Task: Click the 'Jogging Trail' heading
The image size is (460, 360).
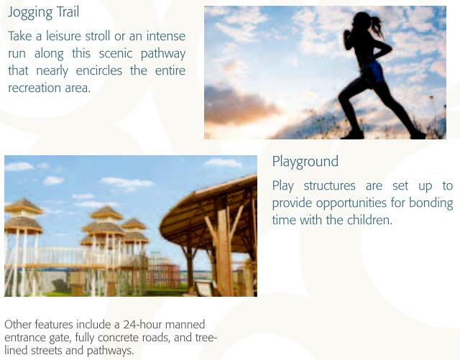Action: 43,13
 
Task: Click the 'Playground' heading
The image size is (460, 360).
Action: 305,162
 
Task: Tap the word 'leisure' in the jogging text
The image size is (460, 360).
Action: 63,36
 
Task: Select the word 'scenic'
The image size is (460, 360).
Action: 116,53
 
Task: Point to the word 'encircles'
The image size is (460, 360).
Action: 99,70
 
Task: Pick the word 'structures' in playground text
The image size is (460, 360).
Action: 329,186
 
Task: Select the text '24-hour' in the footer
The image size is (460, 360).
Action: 142,325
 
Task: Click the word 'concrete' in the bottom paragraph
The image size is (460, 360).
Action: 119,338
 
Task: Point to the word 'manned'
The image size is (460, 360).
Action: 185,325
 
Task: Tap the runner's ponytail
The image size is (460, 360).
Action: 377,26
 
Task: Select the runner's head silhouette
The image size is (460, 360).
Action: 362,21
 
